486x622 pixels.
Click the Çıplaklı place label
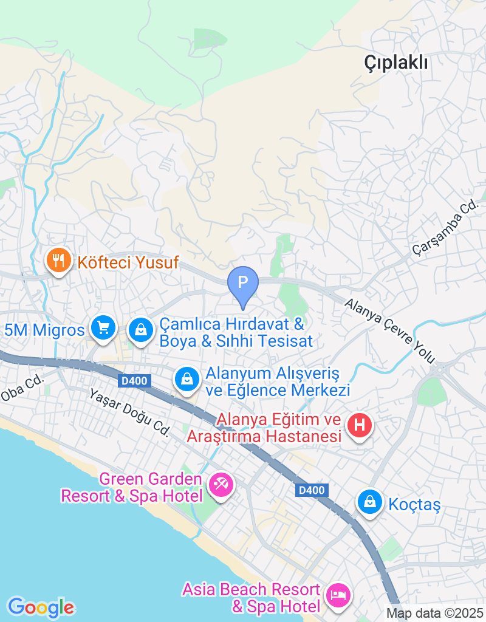click(x=396, y=62)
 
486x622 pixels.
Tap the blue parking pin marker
click(x=243, y=284)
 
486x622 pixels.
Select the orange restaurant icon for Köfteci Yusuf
click(x=59, y=261)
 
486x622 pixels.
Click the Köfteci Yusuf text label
click(x=128, y=262)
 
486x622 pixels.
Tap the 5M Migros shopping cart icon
click(x=103, y=329)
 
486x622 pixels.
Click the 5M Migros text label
click(x=44, y=330)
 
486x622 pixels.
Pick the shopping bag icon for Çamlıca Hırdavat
click(x=141, y=330)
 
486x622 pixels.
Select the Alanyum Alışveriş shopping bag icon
click(x=187, y=380)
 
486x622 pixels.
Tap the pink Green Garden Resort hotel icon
click(x=221, y=485)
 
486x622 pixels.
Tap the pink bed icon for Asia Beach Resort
click(x=338, y=594)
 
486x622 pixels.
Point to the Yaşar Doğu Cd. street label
click(x=129, y=412)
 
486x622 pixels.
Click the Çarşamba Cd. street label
click(x=445, y=229)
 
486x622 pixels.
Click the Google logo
click(x=41, y=607)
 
